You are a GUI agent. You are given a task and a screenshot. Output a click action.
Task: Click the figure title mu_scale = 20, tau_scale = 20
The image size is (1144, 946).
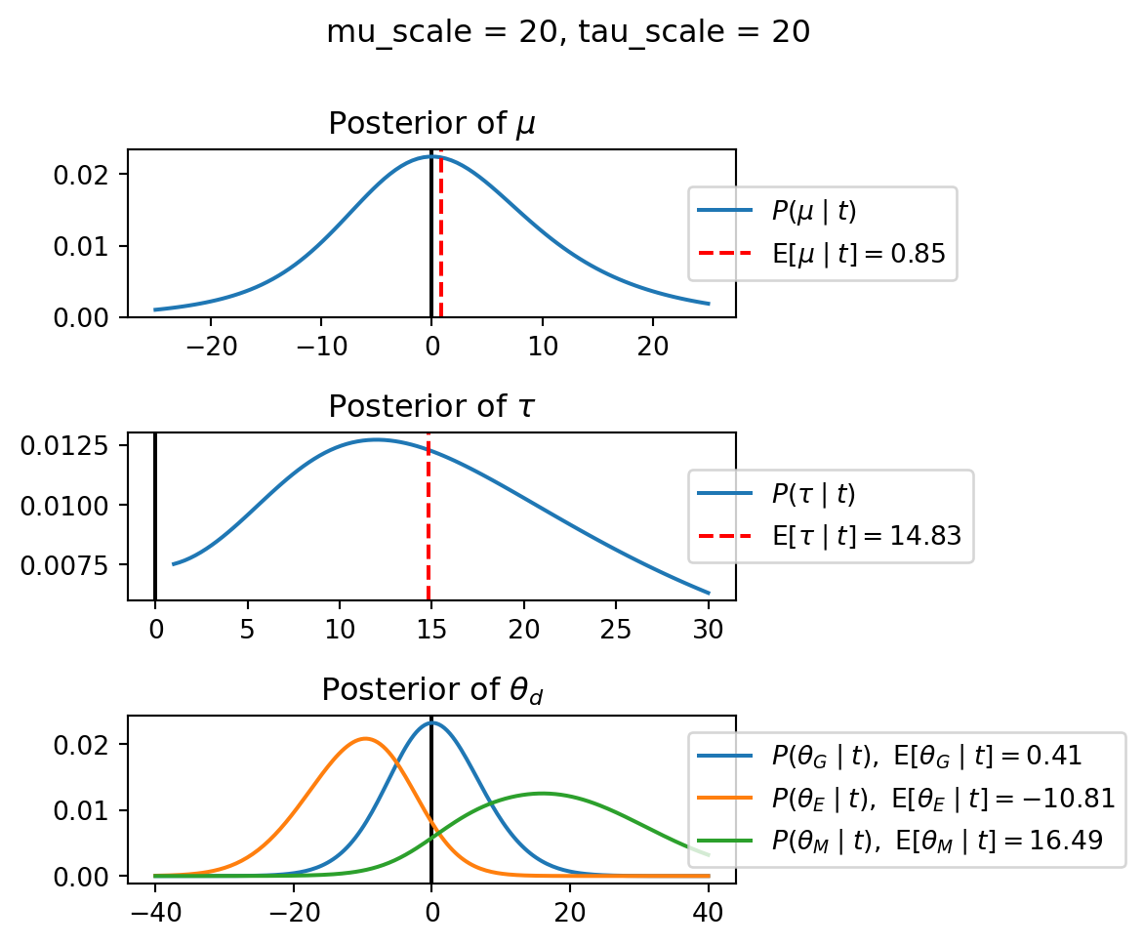click(x=568, y=32)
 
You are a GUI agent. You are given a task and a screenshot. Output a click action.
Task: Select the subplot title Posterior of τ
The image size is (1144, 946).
click(x=431, y=406)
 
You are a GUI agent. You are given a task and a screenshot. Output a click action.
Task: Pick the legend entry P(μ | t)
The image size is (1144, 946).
click(x=814, y=211)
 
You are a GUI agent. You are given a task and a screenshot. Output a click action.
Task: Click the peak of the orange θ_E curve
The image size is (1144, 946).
click(x=365, y=739)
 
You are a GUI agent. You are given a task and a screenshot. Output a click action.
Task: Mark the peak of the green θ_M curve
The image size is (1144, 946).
click(x=542, y=794)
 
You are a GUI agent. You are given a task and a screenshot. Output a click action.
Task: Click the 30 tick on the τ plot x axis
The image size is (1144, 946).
click(x=709, y=628)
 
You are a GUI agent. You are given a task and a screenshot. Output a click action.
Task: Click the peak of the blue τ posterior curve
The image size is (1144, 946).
click(x=376, y=440)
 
